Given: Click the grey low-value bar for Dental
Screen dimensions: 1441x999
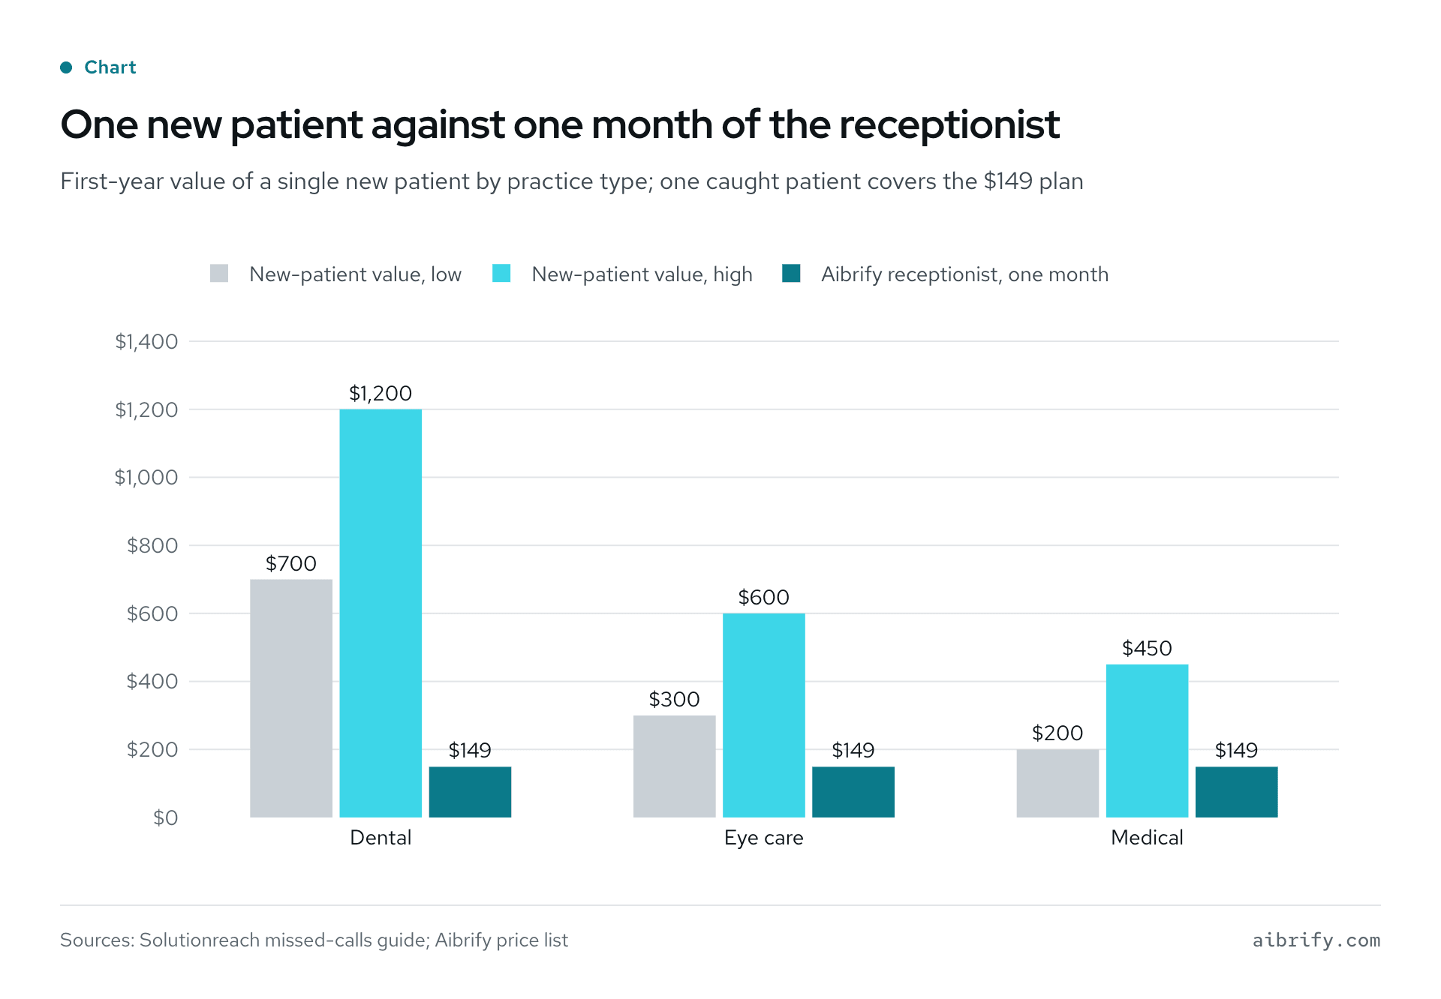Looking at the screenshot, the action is click(291, 698).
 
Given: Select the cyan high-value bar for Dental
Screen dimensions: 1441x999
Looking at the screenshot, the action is click(381, 613).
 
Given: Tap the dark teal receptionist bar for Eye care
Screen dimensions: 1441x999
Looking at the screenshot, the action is click(853, 792).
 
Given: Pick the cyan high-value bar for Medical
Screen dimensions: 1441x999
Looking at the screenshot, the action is click(1147, 741).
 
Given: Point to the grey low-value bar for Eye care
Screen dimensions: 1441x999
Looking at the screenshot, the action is click(675, 766).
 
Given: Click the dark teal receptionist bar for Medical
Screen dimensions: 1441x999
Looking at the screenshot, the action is click(1236, 792).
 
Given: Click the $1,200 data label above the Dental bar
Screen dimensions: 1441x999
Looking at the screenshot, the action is click(381, 393).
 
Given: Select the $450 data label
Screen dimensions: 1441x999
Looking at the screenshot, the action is click(1147, 648).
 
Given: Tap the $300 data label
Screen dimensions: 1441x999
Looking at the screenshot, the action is click(675, 699).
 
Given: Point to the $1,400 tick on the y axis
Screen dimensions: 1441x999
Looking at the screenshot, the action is click(146, 341).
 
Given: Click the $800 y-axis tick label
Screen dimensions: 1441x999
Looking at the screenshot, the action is click(152, 545).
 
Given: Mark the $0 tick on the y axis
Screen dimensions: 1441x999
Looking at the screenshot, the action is click(166, 817).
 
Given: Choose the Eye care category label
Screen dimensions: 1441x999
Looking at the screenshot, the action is click(764, 838).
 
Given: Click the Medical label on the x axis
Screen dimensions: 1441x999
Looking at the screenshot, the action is click(1147, 838).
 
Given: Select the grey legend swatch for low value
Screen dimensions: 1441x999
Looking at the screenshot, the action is click(219, 273).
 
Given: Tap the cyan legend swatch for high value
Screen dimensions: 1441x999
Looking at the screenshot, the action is click(501, 273).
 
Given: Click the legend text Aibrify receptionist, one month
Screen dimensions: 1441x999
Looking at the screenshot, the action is click(964, 274).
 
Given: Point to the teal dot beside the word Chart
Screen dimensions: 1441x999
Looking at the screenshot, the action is click(66, 67).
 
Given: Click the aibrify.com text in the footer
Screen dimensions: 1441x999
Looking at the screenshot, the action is click(1316, 940).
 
